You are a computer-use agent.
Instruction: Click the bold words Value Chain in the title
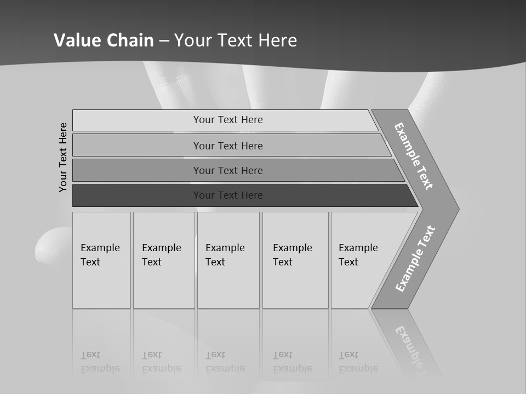[x=104, y=40]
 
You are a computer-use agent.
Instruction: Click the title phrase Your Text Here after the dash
[x=236, y=40]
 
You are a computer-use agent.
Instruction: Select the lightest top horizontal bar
[x=137, y=120]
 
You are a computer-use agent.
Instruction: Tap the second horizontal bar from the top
[x=137, y=146]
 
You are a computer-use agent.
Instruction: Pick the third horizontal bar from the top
[x=137, y=170]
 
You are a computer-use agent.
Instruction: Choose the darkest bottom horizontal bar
[x=137, y=195]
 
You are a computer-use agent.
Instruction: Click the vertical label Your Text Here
[x=64, y=157]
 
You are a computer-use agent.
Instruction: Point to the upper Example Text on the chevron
[x=414, y=156]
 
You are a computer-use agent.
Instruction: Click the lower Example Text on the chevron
[x=415, y=259]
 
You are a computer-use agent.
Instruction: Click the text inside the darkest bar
[x=228, y=195]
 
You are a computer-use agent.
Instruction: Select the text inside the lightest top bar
[x=228, y=120]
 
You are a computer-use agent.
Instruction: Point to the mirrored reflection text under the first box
[x=100, y=362]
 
